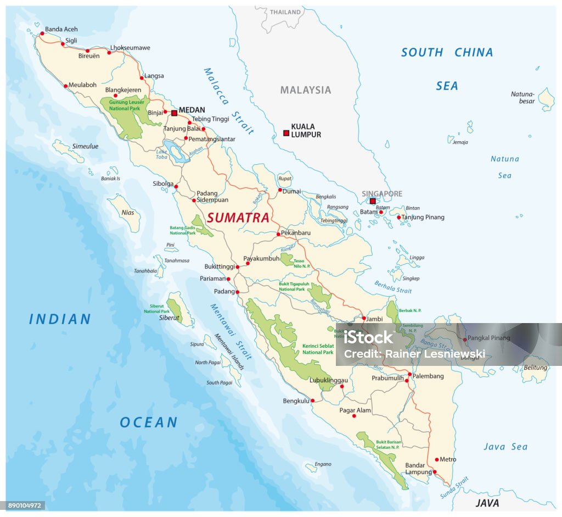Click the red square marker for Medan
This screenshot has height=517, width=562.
coord(174,113)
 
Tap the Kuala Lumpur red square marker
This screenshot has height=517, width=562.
coord(286,133)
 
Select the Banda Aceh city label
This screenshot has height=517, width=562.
coord(61,29)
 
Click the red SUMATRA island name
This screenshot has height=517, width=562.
coord(238,218)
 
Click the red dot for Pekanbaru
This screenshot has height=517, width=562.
coord(279,234)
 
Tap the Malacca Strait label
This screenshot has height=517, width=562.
coord(228,101)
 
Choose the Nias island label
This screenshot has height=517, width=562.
coord(127,212)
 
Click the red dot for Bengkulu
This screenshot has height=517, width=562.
coord(312,401)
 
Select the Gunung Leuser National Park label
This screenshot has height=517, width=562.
coord(122,105)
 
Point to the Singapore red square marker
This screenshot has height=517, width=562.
coord(373,202)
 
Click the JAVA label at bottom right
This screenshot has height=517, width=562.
coord(487,503)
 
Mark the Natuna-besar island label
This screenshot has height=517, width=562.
coord(522,97)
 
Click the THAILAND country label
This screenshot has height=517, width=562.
coord(285,12)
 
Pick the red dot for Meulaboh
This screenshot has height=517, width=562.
coord(66,86)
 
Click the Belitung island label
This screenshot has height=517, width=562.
coord(535,368)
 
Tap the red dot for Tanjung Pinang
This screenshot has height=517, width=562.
coord(399,218)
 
